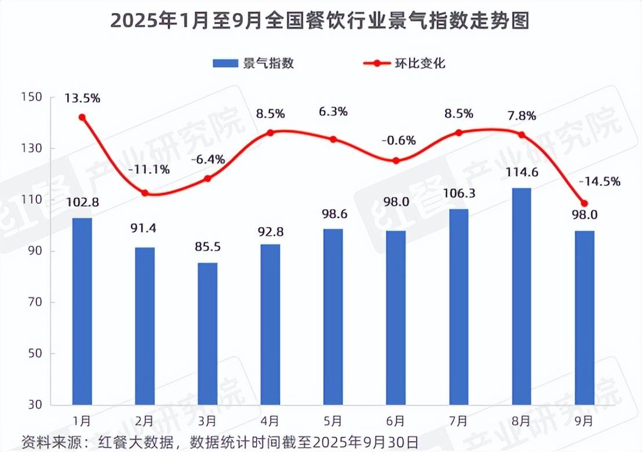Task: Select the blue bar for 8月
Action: [521, 296]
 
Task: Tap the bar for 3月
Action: [207, 333]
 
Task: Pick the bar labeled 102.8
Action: [82, 311]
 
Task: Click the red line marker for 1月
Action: [82, 117]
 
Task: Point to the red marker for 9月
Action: [584, 203]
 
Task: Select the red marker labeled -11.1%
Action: [145, 193]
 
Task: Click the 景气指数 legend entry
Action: [253, 63]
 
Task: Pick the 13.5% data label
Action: [82, 98]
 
